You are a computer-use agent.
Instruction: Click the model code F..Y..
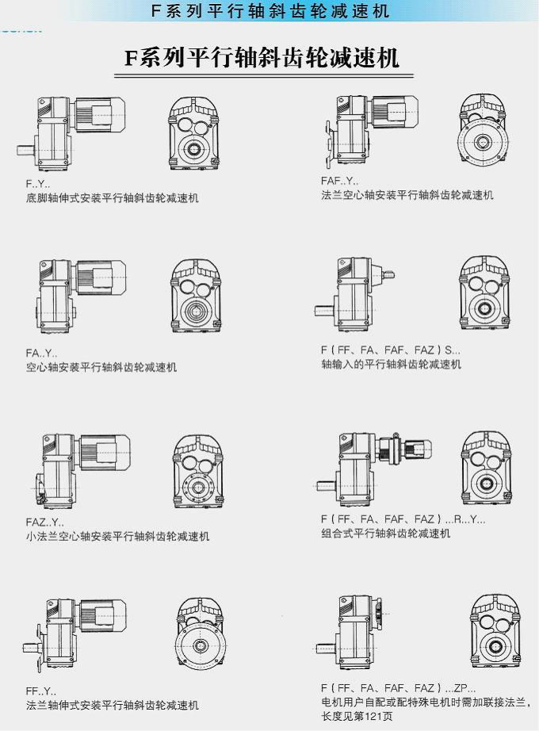[x=38, y=184]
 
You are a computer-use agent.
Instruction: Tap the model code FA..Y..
[x=41, y=353]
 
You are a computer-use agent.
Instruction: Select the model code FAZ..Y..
[x=44, y=522]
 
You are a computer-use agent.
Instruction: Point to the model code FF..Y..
[x=41, y=691]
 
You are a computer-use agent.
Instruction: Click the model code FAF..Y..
[x=340, y=181]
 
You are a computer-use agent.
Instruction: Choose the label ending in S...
[x=390, y=350]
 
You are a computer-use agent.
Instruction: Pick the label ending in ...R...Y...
[x=403, y=519]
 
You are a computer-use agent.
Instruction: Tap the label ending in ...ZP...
[x=399, y=687]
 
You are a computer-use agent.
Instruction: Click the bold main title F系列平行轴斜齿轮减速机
[x=262, y=59]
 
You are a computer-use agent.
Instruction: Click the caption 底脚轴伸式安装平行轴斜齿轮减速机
[x=113, y=198]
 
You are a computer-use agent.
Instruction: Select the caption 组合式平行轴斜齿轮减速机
[x=385, y=533]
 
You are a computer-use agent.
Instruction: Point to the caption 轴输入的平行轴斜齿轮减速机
[x=392, y=364]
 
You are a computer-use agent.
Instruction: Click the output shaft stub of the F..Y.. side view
[x=27, y=150]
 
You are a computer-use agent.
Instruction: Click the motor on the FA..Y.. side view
[x=101, y=277]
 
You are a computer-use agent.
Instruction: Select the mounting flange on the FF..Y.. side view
[x=40, y=648]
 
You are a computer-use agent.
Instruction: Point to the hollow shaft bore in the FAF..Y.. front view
[x=483, y=142]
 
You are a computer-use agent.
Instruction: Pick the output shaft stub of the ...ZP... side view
[x=327, y=649]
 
